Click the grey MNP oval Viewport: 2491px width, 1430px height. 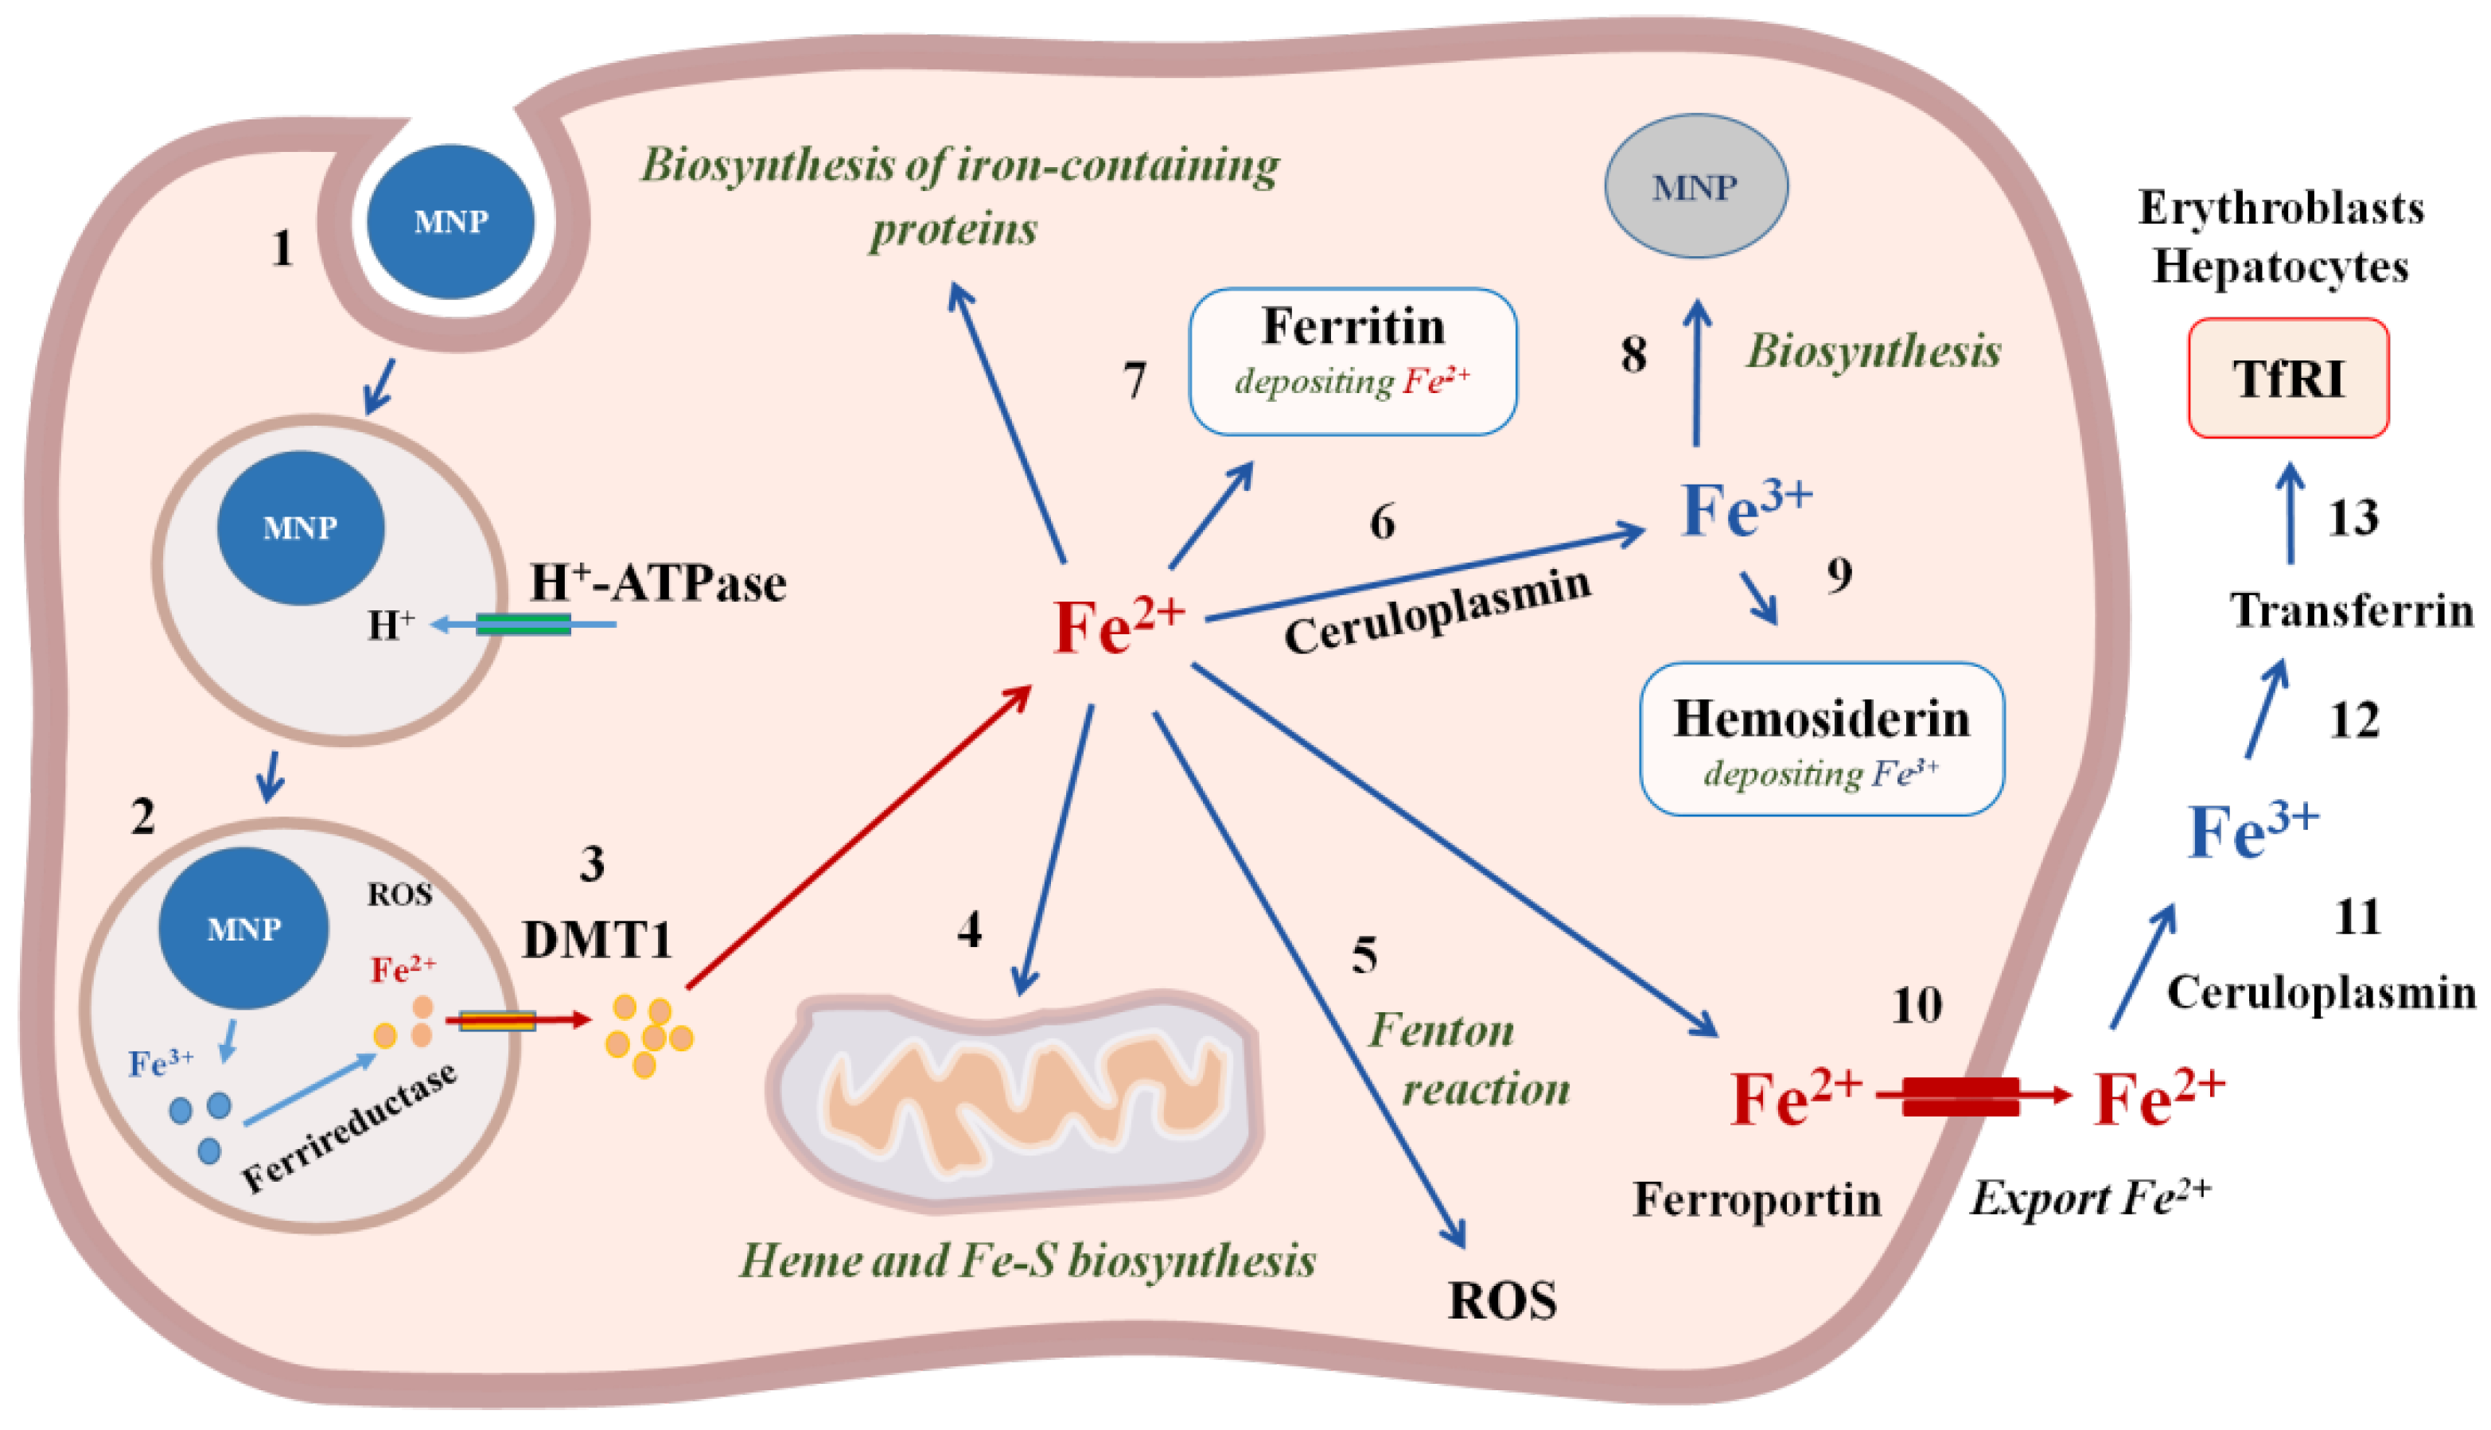point(1695,185)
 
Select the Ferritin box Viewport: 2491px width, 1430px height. point(1352,360)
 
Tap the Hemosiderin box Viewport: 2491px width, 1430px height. point(1821,738)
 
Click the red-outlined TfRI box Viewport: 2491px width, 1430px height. point(2288,378)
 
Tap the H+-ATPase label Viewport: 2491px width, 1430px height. point(658,583)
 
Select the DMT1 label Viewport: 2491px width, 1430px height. point(597,939)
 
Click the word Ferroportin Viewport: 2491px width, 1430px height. point(1756,1199)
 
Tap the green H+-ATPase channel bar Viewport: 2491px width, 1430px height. point(523,624)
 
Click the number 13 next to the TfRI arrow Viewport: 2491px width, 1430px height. point(2353,517)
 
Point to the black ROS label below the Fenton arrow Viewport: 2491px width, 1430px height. point(1502,1300)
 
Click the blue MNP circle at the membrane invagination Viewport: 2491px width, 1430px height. point(450,221)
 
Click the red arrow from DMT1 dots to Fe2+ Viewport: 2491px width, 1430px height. point(854,840)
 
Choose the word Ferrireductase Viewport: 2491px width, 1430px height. point(348,1128)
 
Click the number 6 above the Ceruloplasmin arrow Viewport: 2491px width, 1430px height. point(1381,521)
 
